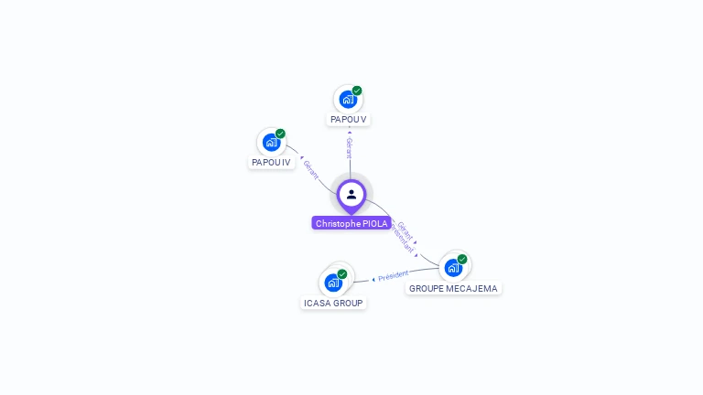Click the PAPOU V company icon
point(348,99)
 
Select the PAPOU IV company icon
point(271,142)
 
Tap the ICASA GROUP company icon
point(333,283)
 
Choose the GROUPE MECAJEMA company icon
point(453,267)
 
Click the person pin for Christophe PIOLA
point(351,195)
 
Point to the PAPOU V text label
point(349,120)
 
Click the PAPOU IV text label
point(271,163)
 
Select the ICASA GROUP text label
point(333,303)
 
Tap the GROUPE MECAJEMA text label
point(453,288)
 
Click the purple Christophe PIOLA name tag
point(351,223)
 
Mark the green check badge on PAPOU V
point(357,91)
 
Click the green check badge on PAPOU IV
point(280,133)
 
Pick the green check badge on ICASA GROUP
point(342,274)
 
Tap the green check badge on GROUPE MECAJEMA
point(462,259)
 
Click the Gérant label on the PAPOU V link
point(349,148)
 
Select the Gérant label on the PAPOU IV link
point(311,170)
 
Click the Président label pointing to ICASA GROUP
point(393,275)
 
